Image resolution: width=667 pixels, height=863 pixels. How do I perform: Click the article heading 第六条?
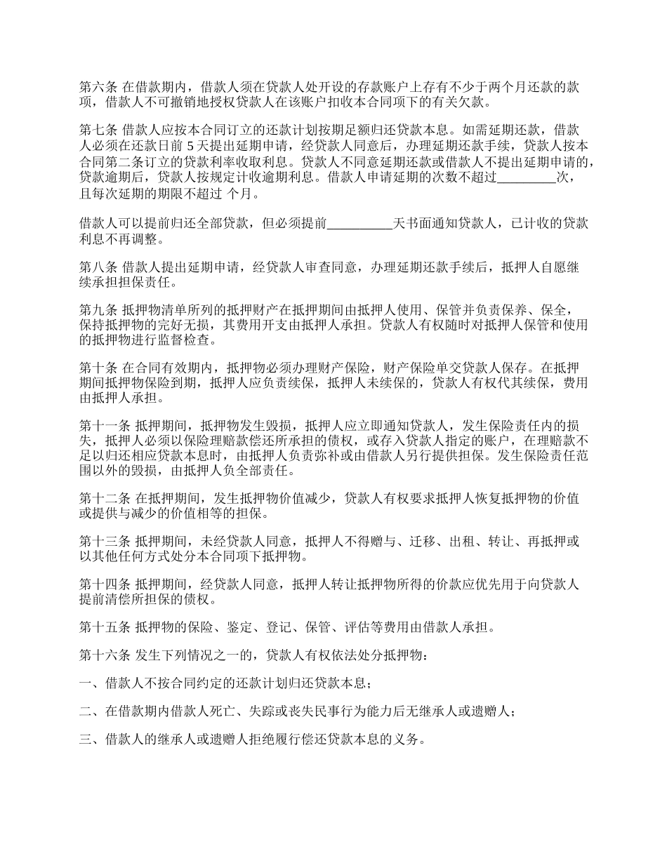[98, 88]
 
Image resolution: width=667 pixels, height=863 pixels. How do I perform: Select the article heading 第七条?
[98, 130]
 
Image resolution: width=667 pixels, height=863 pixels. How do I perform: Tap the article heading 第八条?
[98, 267]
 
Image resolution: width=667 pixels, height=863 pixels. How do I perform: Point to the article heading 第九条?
[98, 311]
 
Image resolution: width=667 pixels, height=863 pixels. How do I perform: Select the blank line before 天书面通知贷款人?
[359, 225]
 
